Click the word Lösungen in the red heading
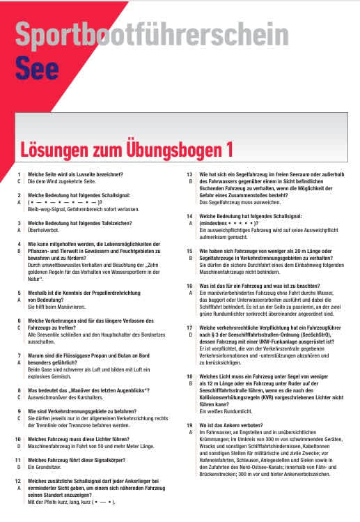pos(63,149)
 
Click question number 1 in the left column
pos(19,174)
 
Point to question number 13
pos(189,174)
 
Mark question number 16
pos(189,285)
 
